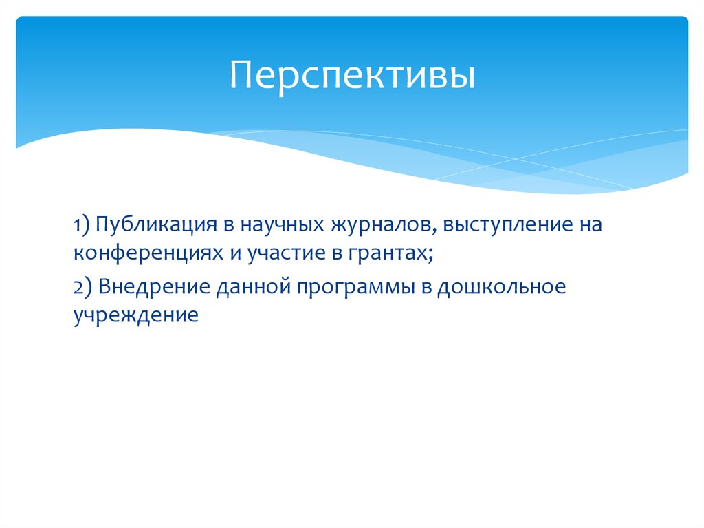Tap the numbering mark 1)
[x=83, y=226]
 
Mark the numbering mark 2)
[x=84, y=286]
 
